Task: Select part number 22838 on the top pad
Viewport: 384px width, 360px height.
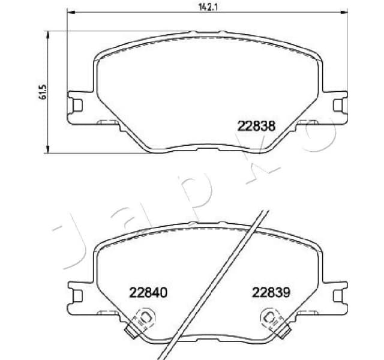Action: tap(256, 127)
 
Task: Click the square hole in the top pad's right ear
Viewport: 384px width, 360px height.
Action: tap(337, 104)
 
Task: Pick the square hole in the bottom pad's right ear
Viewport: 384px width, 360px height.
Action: tap(337, 293)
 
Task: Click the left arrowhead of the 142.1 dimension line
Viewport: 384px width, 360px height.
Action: tap(69, 13)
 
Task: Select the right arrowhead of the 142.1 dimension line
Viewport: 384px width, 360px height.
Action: tap(345, 13)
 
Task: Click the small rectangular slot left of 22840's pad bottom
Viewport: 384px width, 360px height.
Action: tap(108, 312)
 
